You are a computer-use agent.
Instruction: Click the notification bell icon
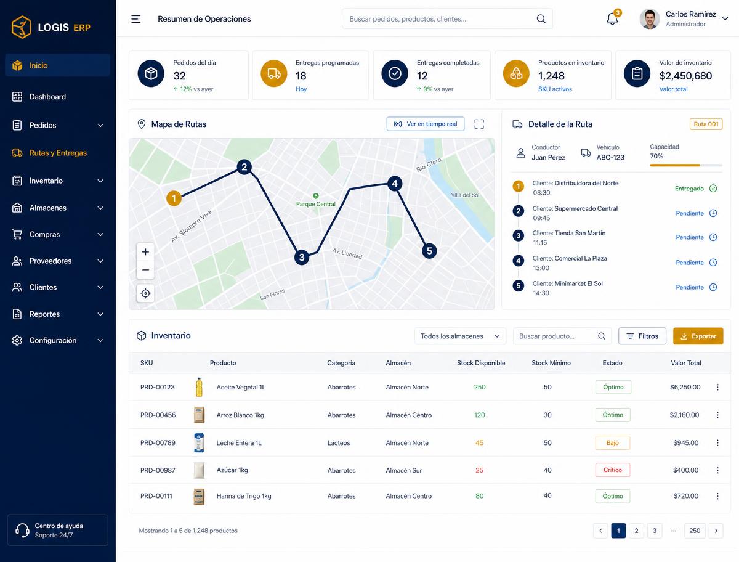[612, 19]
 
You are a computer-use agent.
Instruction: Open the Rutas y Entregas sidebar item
[57, 153]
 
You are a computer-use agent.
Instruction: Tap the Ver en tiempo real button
[425, 124]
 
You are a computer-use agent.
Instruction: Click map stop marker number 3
[302, 257]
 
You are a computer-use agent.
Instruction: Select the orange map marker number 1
[174, 198]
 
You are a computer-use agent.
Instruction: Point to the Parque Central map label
[315, 204]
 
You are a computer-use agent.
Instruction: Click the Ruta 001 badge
[706, 124]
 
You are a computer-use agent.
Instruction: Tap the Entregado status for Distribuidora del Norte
[689, 189]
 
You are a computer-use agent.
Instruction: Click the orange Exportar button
[698, 336]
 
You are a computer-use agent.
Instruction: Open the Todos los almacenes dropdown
[460, 336]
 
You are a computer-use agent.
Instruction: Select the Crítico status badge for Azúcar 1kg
[612, 470]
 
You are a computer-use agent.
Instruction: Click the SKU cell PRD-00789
[158, 442]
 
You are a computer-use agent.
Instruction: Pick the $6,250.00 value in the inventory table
[685, 387]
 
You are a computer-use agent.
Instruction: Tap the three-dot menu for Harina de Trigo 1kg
[717, 495]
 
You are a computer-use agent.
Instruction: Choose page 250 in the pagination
[695, 531]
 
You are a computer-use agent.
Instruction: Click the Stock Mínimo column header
[551, 363]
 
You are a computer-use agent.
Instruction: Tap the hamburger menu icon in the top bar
[135, 19]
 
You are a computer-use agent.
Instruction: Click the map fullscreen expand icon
[479, 124]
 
